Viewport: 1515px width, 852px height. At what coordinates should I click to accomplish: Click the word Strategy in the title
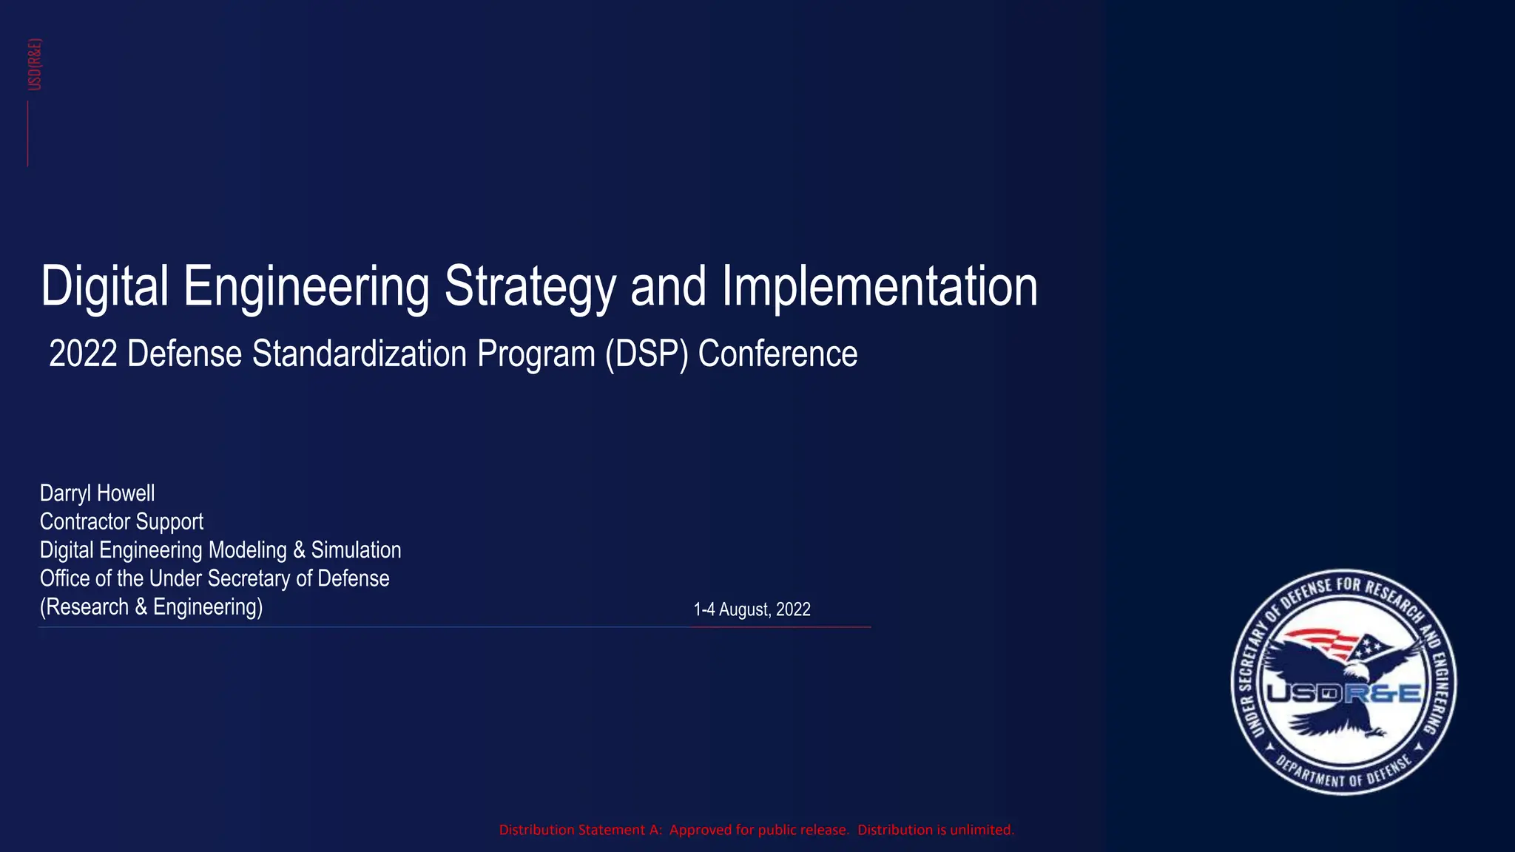(529, 287)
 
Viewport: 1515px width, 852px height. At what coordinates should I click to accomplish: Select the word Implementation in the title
(880, 287)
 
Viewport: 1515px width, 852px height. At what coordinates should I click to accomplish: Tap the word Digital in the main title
(104, 287)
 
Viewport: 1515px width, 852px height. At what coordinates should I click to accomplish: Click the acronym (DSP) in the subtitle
(647, 354)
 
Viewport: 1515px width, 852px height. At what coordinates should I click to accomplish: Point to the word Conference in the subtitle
(777, 354)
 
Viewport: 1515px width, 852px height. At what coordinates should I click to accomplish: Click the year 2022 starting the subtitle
(83, 354)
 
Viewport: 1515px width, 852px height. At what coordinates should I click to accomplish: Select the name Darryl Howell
(97, 493)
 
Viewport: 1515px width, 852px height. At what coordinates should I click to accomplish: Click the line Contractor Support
(121, 521)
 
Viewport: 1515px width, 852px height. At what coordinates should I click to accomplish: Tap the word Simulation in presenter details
(356, 550)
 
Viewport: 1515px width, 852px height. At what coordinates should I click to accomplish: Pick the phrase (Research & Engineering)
(151, 607)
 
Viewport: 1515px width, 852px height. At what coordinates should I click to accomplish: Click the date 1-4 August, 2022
(752, 609)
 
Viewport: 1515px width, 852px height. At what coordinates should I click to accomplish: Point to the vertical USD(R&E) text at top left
(35, 64)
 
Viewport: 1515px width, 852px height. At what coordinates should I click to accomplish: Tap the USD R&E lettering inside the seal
(1343, 694)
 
